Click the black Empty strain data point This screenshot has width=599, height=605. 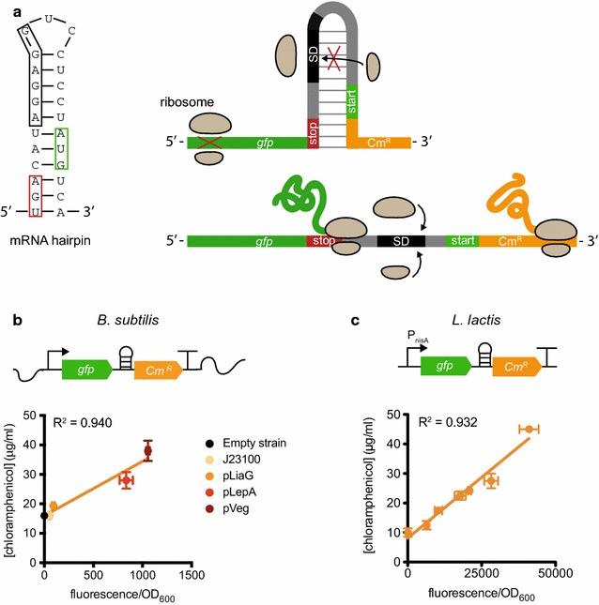(x=45, y=515)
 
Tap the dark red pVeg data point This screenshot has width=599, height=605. (x=147, y=451)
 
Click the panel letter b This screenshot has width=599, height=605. (x=16, y=320)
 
